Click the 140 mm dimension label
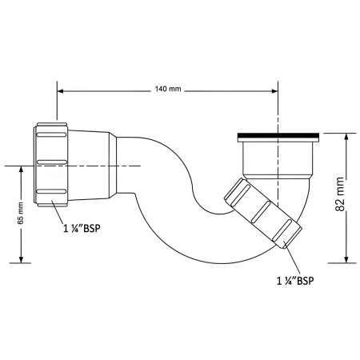[168, 89]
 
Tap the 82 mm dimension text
[341, 194]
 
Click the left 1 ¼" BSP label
[82, 229]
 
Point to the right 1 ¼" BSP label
[295, 281]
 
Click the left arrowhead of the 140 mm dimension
[61, 91]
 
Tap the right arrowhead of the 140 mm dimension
[274, 91]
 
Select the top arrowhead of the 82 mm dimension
[346, 136]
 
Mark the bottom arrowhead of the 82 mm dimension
[346, 259]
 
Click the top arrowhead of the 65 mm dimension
[22, 169]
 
